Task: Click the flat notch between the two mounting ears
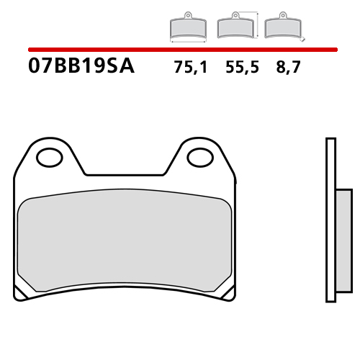click(x=126, y=174)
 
